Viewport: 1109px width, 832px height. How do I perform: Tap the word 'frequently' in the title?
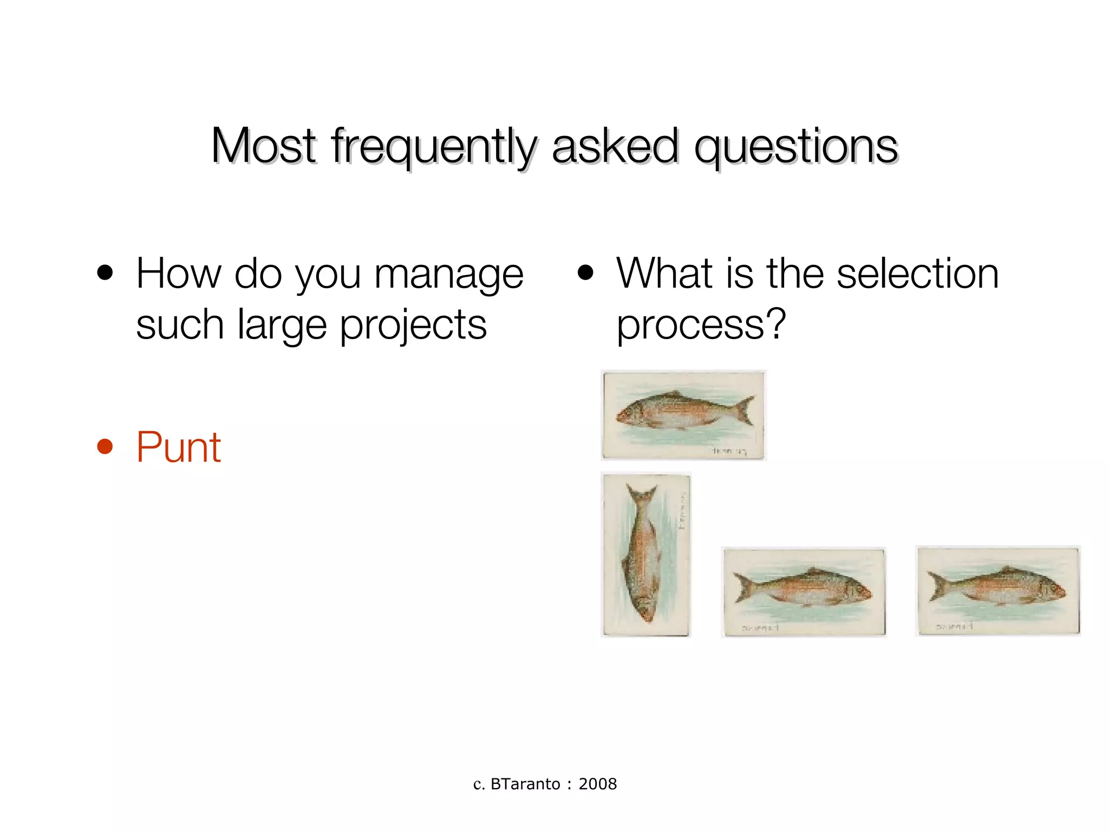point(434,146)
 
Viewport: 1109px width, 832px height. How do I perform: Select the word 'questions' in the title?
point(795,146)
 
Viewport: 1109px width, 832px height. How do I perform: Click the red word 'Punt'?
point(178,447)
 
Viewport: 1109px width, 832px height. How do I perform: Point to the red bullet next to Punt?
point(105,447)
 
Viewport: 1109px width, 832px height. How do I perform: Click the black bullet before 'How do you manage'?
point(105,273)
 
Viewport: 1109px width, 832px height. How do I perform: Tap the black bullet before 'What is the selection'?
point(585,273)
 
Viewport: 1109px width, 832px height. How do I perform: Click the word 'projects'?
point(413,326)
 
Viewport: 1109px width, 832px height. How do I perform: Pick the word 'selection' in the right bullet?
point(917,273)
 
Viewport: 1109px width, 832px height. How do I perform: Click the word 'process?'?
point(701,325)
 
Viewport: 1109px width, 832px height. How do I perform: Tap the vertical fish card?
point(646,555)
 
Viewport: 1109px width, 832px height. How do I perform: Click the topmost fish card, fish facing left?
point(683,415)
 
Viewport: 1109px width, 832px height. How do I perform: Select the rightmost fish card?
point(997,590)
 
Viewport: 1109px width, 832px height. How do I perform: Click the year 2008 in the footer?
point(597,784)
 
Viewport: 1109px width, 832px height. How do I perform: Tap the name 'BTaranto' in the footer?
point(525,784)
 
